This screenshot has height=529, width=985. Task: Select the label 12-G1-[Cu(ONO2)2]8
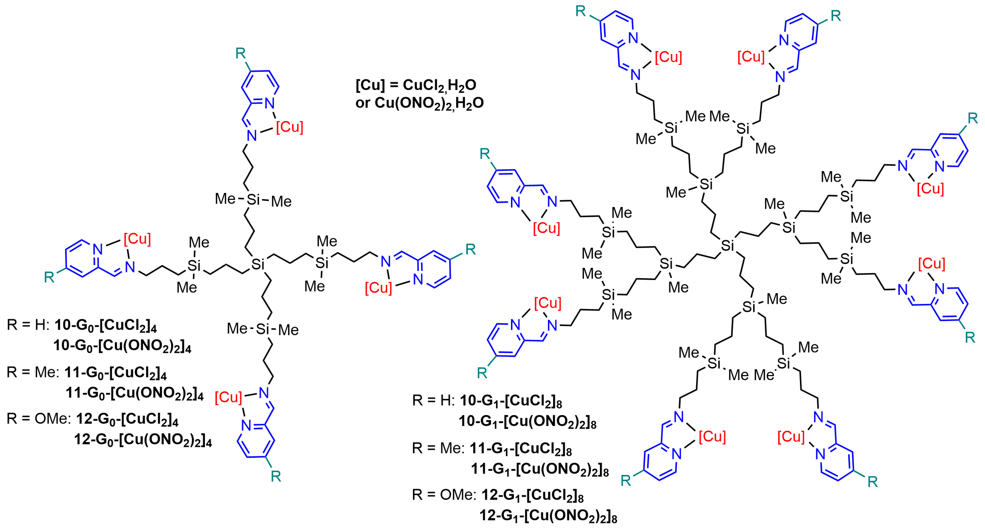(548, 516)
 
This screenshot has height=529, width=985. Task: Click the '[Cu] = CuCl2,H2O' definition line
(416, 85)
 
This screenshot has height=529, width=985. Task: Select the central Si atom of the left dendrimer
(258, 264)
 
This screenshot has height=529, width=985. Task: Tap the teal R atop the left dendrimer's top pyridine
(240, 53)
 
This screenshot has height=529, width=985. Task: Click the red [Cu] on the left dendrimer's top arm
(290, 127)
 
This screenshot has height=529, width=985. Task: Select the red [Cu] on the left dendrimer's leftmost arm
(137, 239)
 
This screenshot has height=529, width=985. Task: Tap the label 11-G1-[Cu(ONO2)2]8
(539, 469)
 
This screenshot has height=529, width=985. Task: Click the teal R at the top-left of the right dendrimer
(580, 11)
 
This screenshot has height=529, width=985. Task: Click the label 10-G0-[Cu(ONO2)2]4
(122, 346)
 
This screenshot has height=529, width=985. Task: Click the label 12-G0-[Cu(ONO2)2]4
(143, 439)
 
